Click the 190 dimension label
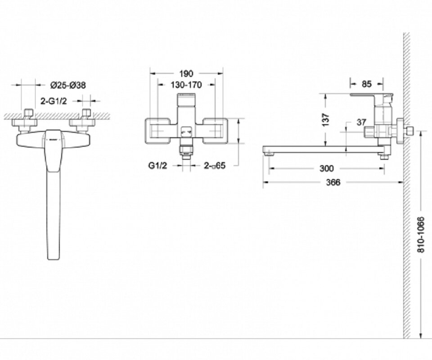click(x=186, y=73)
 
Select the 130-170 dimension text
click(x=186, y=85)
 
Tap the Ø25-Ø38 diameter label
click(x=68, y=85)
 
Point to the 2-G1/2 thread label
click(x=54, y=101)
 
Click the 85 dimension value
click(x=366, y=84)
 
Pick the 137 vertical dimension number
click(x=326, y=120)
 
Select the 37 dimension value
click(x=361, y=122)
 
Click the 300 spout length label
click(x=327, y=168)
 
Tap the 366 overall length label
click(x=333, y=182)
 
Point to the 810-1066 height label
click(x=421, y=234)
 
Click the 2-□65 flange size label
click(x=215, y=165)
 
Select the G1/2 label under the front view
click(x=157, y=166)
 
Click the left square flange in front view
click(x=157, y=131)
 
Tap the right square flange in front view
click(x=215, y=131)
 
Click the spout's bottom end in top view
click(x=54, y=259)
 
